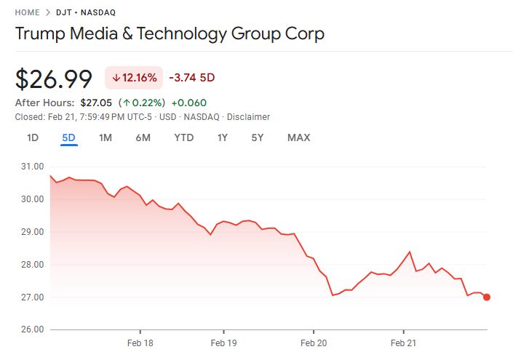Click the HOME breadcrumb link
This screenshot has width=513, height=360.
pos(27,12)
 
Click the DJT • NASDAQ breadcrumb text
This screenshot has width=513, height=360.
pos(90,12)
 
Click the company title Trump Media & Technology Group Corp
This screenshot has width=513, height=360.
pos(170,33)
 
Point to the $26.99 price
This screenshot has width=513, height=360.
pos(54,79)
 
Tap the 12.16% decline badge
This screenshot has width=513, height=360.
pos(134,78)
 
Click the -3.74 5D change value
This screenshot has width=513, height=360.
pos(191,78)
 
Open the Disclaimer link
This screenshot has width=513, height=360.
pos(248,116)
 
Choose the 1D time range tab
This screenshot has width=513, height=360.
pos(33,137)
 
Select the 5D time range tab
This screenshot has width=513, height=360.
pos(68,137)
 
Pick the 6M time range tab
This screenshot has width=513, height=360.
pos(143,137)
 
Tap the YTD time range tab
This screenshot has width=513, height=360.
pos(183,137)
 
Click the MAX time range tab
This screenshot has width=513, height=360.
pos(298,137)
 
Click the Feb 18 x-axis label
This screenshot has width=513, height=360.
pos(139,343)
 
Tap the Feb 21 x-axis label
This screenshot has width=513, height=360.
pos(403,343)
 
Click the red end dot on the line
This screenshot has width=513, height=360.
pos(486,297)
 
